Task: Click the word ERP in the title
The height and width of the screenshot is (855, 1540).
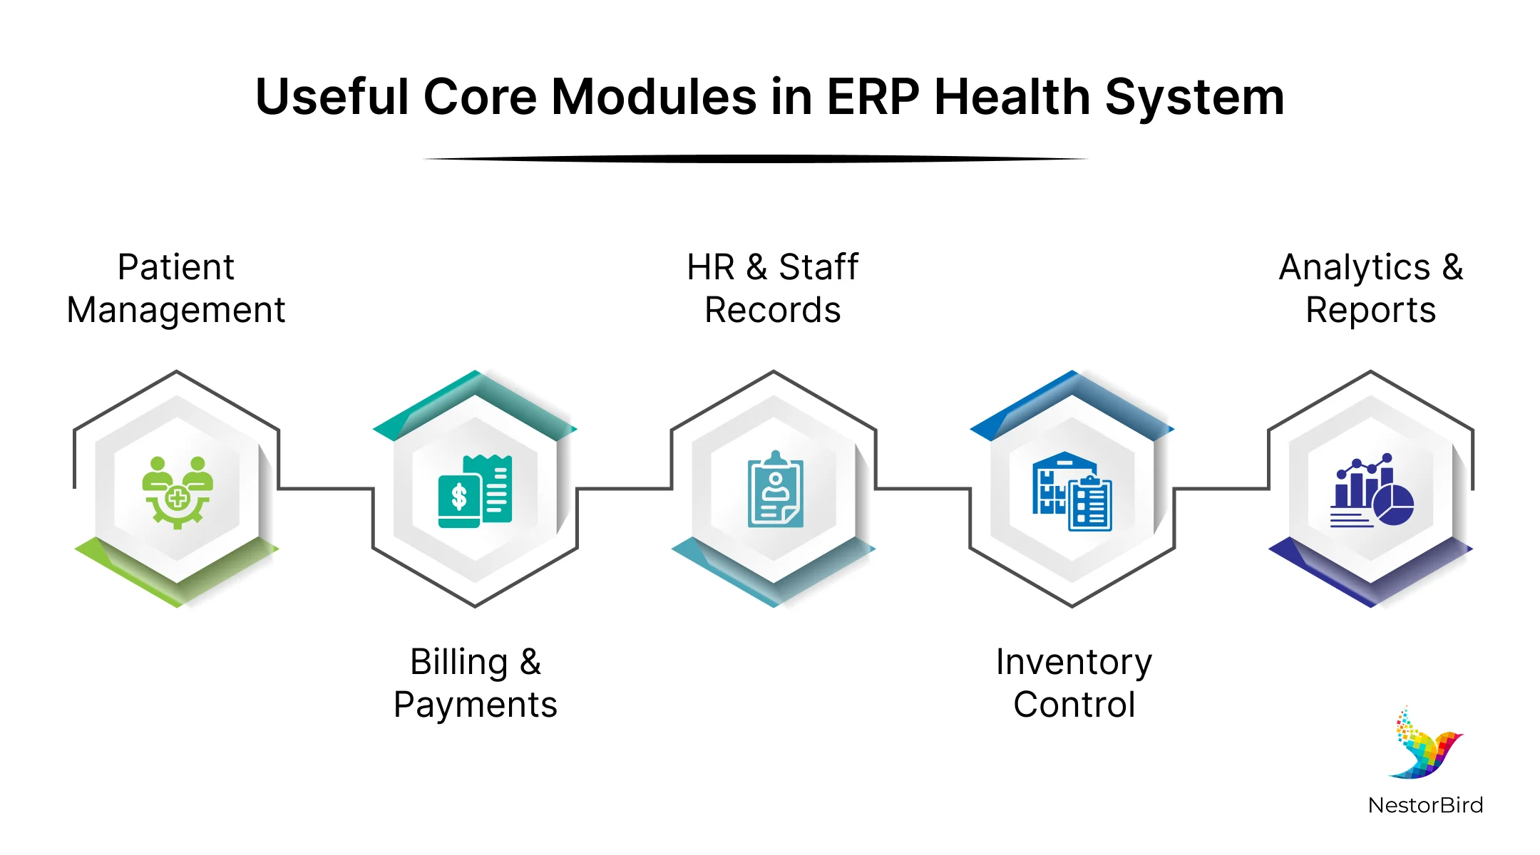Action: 873,97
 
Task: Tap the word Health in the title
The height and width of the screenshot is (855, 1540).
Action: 1012,97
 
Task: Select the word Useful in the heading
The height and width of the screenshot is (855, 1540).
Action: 332,97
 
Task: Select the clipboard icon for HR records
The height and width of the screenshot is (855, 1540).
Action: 775,489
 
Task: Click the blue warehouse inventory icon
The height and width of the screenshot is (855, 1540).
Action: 1072,492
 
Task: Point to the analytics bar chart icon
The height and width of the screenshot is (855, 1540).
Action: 1371,492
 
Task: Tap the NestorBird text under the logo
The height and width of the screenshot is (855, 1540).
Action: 1425,805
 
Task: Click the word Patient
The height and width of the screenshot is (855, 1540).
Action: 175,268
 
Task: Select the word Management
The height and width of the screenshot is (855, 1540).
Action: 175,311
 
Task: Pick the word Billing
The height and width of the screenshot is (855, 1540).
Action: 458,663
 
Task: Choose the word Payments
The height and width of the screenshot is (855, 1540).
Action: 475,705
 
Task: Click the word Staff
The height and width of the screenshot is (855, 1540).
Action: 818,268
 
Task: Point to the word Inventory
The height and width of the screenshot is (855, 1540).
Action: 1074,663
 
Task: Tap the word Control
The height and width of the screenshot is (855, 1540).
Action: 1074,705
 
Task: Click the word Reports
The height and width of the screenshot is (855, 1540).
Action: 1370,311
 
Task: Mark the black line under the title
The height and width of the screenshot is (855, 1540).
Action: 756,159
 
